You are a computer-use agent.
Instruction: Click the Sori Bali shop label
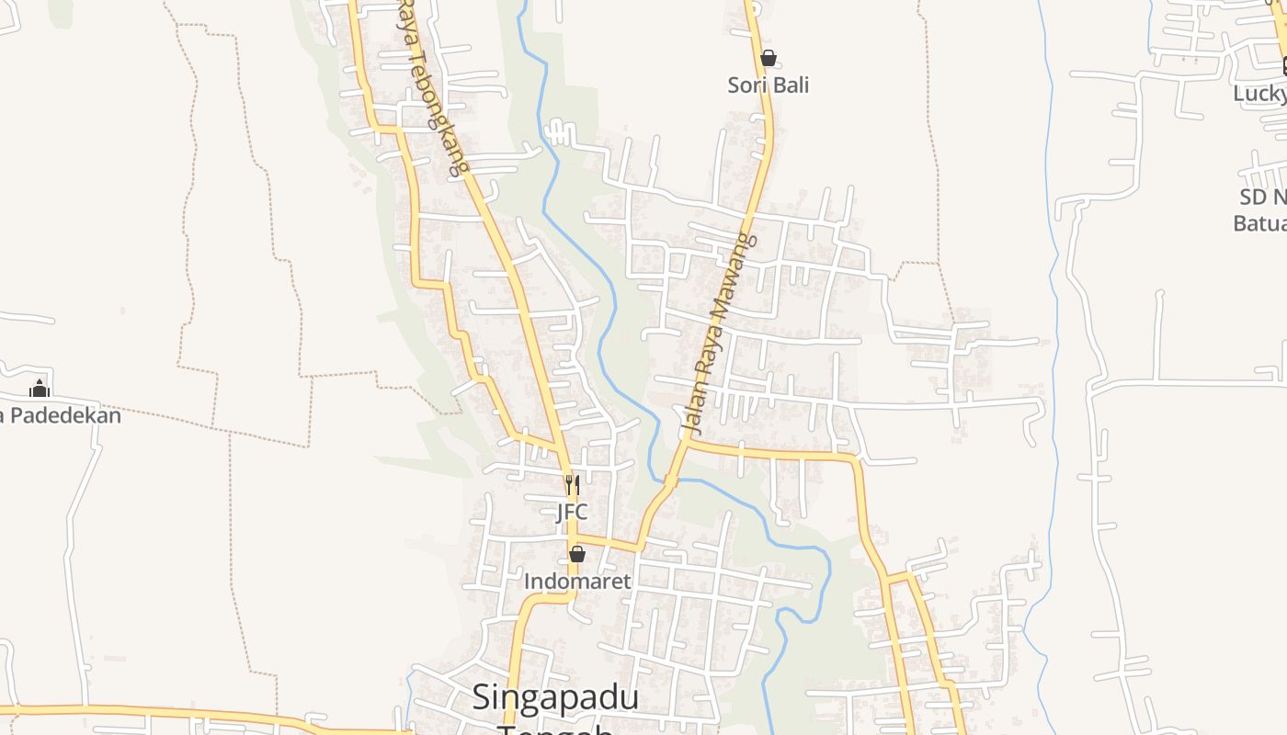pos(769,85)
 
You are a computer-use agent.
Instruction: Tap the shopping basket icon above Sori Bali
pos(769,58)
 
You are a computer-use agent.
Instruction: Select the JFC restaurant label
pos(572,513)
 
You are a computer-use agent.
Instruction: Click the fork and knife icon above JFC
pos(572,484)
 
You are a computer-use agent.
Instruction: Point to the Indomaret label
pos(577,582)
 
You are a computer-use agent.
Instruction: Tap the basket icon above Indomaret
pos(577,554)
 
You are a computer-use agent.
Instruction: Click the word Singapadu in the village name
pos(555,698)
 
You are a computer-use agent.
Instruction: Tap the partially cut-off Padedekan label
pos(61,416)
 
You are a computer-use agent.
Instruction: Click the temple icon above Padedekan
pos(40,389)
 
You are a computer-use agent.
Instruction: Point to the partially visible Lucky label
pos(1259,94)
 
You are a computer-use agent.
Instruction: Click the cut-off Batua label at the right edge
pos(1259,223)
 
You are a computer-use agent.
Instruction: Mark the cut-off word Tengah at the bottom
pos(555,729)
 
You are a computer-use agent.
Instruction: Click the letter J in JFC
pos(561,513)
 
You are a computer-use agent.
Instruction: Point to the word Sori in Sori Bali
pos(746,85)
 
